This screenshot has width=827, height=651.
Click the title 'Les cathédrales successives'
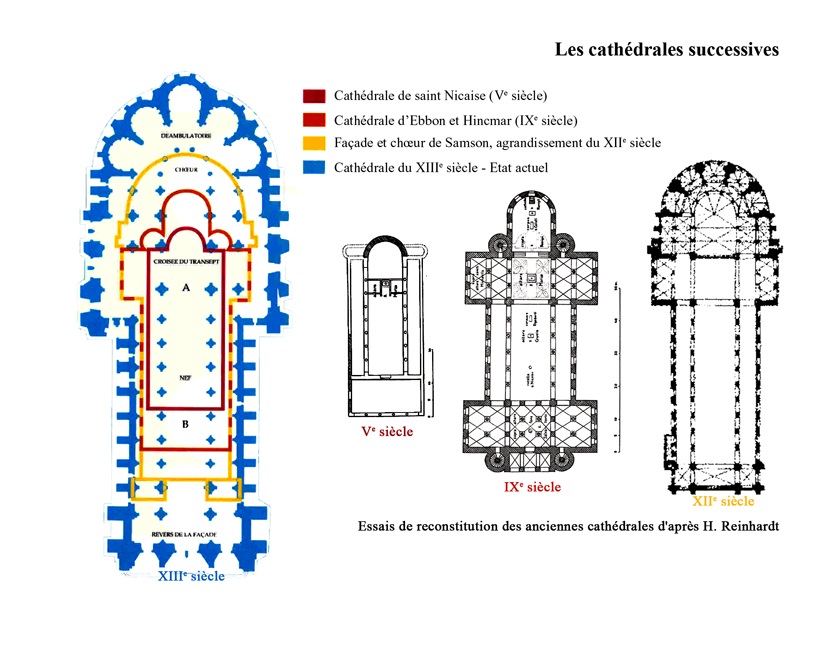[666, 50]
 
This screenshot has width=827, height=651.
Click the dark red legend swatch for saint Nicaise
[313, 97]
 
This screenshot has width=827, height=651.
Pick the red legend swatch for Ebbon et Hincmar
[313, 121]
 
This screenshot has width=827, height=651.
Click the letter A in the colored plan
[185, 287]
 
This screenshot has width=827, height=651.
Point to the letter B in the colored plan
[185, 424]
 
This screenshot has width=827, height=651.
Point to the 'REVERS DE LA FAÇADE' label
[186, 536]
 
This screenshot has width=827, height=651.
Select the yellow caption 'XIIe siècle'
[723, 501]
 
